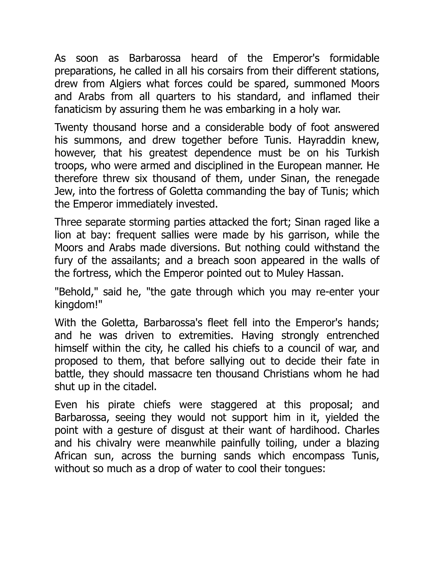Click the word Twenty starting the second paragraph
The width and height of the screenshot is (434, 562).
pos(71,128)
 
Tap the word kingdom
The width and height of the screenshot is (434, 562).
pos(77,305)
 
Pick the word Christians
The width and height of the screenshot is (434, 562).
pos(286,374)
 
